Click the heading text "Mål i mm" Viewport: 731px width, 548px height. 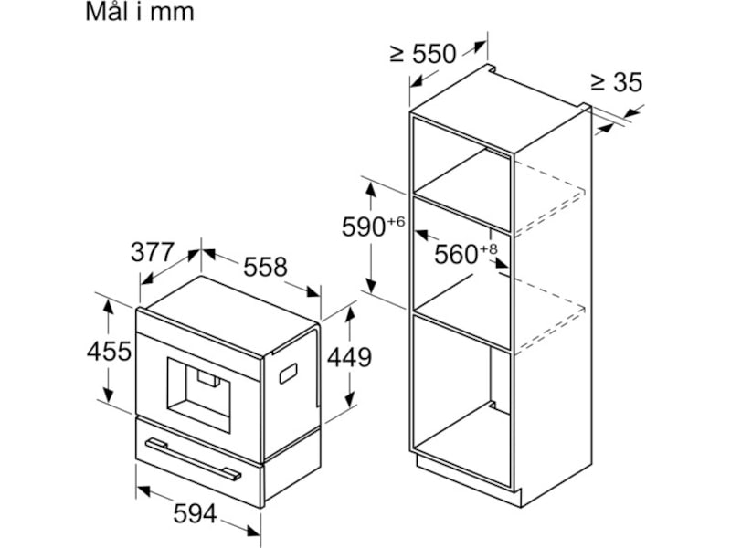pyautogui.click(x=140, y=12)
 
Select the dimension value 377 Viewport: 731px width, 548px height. pyautogui.click(x=153, y=253)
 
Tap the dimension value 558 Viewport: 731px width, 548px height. pyautogui.click(x=265, y=267)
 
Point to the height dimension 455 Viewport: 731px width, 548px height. pyautogui.click(x=109, y=351)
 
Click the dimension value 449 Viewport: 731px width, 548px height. pyautogui.click(x=349, y=357)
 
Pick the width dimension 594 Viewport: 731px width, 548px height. pyautogui.click(x=195, y=514)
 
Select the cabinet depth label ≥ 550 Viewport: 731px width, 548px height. pyautogui.click(x=423, y=54)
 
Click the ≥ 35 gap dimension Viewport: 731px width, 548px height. pyautogui.click(x=616, y=82)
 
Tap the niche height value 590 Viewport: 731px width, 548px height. pyautogui.click(x=364, y=227)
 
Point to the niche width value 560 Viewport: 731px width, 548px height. pyautogui.click(x=456, y=255)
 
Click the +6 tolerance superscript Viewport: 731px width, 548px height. pyautogui.click(x=396, y=221)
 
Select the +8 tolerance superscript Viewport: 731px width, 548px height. pyautogui.click(x=488, y=248)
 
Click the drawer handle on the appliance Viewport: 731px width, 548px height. pyautogui.click(x=193, y=459)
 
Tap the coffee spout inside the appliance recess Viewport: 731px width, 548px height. pyautogui.click(x=208, y=378)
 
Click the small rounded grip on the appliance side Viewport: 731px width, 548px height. pyautogui.click(x=289, y=374)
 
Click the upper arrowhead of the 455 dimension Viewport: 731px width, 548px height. pyautogui.click(x=108, y=307)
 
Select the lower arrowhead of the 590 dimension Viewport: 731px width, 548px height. pyautogui.click(x=371, y=285)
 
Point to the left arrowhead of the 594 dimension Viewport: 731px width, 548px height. pyautogui.click(x=143, y=490)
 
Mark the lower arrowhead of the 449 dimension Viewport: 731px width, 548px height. pyautogui.click(x=350, y=400)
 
